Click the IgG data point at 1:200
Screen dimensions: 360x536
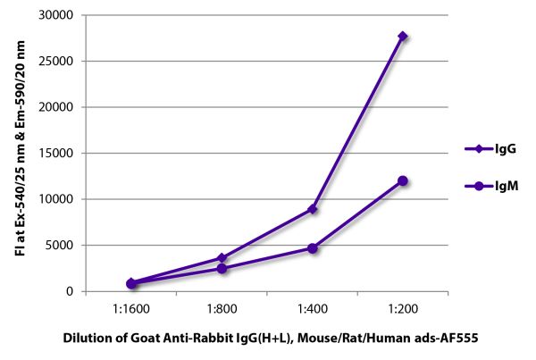pyautogui.click(x=403, y=37)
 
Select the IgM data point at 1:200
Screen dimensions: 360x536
pyautogui.click(x=403, y=180)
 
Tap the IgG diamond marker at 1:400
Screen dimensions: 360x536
pyautogui.click(x=313, y=209)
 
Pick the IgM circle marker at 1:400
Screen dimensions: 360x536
pyautogui.click(x=313, y=248)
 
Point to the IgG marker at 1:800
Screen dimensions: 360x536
pyautogui.click(x=222, y=257)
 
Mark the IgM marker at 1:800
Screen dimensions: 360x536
pyautogui.click(x=222, y=268)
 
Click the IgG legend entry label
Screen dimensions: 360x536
pyautogui.click(x=502, y=149)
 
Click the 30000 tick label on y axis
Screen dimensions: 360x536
pyautogui.click(x=57, y=15)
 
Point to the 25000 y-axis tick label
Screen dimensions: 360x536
pyautogui.click(x=57, y=62)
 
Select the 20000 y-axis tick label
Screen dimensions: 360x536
pyautogui.click(x=57, y=107)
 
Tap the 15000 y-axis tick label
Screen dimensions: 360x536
pyautogui.click(x=57, y=154)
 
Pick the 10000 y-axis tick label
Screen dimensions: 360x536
pyautogui.click(x=57, y=199)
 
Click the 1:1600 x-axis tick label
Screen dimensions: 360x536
pyautogui.click(x=130, y=309)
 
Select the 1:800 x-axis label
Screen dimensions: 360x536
pyautogui.click(x=222, y=309)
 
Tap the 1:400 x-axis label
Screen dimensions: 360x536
pyautogui.click(x=313, y=309)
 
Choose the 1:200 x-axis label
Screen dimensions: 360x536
pyautogui.click(x=403, y=309)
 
